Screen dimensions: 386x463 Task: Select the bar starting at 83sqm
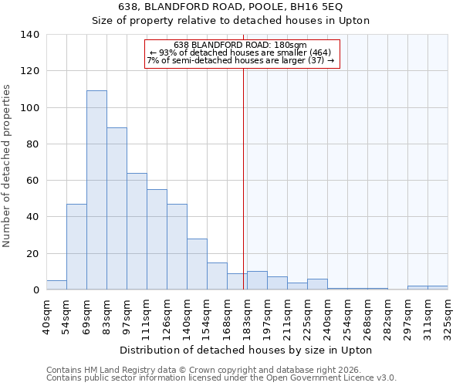tap(117, 208)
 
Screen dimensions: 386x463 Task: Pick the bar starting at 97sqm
tap(137, 232)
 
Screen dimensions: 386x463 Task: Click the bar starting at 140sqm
tap(197, 264)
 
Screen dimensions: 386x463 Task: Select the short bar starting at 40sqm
tap(56, 285)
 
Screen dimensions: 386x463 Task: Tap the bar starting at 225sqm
tap(317, 284)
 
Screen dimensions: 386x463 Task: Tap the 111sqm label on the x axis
tap(147, 313)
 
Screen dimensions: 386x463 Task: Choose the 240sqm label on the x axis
tap(327, 313)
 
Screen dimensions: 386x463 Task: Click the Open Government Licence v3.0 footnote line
tap(221, 378)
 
